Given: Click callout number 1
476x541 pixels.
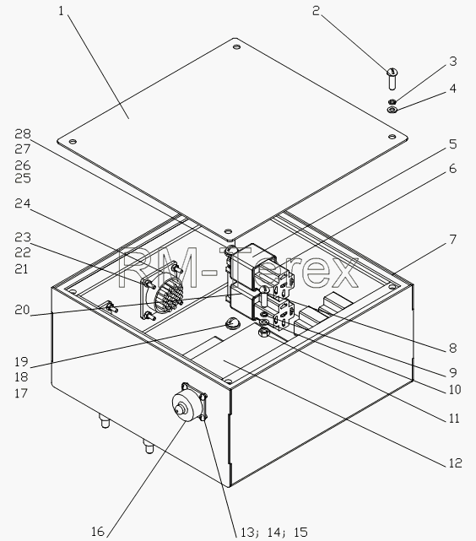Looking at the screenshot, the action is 62,11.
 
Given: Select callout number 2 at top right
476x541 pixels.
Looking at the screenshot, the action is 316,11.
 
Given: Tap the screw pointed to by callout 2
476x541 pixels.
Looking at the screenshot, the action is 392,79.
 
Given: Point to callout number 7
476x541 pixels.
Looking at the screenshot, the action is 453,239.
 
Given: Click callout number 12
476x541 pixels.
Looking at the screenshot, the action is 455,463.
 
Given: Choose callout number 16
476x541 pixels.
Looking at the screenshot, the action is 98,531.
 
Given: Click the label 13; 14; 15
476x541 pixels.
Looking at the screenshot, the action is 274,532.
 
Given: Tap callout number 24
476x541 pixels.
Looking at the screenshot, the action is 23,203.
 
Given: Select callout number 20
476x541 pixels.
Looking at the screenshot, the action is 23,310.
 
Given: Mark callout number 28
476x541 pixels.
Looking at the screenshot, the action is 23,134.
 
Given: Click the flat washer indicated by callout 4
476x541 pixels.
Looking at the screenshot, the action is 392,110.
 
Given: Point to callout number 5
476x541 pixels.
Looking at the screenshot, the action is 453,143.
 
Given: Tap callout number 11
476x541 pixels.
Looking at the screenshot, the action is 454,418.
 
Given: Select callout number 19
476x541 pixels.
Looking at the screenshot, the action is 21,361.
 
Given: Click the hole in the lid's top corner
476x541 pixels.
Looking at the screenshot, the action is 236,46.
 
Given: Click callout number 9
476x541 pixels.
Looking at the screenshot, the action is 453,372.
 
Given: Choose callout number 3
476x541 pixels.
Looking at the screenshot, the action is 453,61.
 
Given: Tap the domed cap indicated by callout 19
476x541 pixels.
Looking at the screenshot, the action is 232,323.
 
